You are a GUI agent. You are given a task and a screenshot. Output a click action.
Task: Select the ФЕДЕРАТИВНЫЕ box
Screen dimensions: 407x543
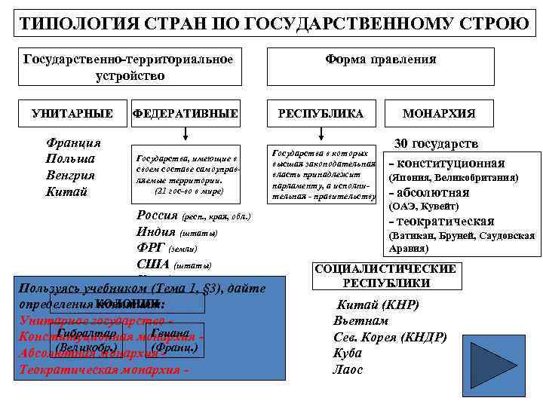[x=185, y=113]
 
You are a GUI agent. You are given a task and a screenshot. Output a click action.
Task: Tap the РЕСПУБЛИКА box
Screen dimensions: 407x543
[x=321, y=113]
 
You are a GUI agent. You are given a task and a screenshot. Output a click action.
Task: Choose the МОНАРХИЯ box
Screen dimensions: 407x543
[x=439, y=113]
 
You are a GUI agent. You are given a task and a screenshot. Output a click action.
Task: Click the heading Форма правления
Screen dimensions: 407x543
[x=380, y=59]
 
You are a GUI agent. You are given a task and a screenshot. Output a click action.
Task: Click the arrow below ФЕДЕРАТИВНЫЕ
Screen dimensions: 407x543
[x=185, y=134]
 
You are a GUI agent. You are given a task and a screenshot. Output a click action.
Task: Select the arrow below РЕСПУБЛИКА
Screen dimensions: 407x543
[x=321, y=134]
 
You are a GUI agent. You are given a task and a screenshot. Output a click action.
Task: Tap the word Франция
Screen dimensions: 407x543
[x=74, y=142]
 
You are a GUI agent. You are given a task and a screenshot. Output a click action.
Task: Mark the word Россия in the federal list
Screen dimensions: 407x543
[x=157, y=216]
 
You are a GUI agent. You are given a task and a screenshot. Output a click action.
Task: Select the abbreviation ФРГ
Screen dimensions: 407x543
[x=151, y=247]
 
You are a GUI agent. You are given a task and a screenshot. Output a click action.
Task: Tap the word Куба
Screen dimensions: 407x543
[x=348, y=353]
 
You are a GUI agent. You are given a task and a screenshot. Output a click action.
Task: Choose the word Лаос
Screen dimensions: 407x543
[x=348, y=369]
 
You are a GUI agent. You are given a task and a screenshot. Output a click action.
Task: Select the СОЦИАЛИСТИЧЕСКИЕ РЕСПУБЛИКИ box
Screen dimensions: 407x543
[x=386, y=276]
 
